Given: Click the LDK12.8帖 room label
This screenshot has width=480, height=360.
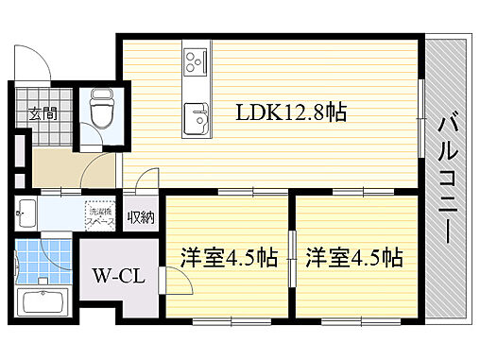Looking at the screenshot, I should (x=292, y=112).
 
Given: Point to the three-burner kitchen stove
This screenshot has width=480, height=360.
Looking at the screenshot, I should (x=195, y=61).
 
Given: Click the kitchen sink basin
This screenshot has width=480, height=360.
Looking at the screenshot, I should (x=195, y=117).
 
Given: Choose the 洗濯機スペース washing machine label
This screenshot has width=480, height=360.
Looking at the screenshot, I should (x=97, y=215).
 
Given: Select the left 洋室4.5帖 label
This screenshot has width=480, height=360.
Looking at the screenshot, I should (x=229, y=256).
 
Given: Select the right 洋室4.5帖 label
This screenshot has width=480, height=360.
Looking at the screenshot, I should (x=354, y=256).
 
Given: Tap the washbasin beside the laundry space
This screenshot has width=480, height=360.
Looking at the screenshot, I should (x=26, y=213).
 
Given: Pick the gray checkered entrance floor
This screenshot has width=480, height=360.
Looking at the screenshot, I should (x=45, y=134).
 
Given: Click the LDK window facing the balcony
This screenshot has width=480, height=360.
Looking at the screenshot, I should (x=420, y=111).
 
